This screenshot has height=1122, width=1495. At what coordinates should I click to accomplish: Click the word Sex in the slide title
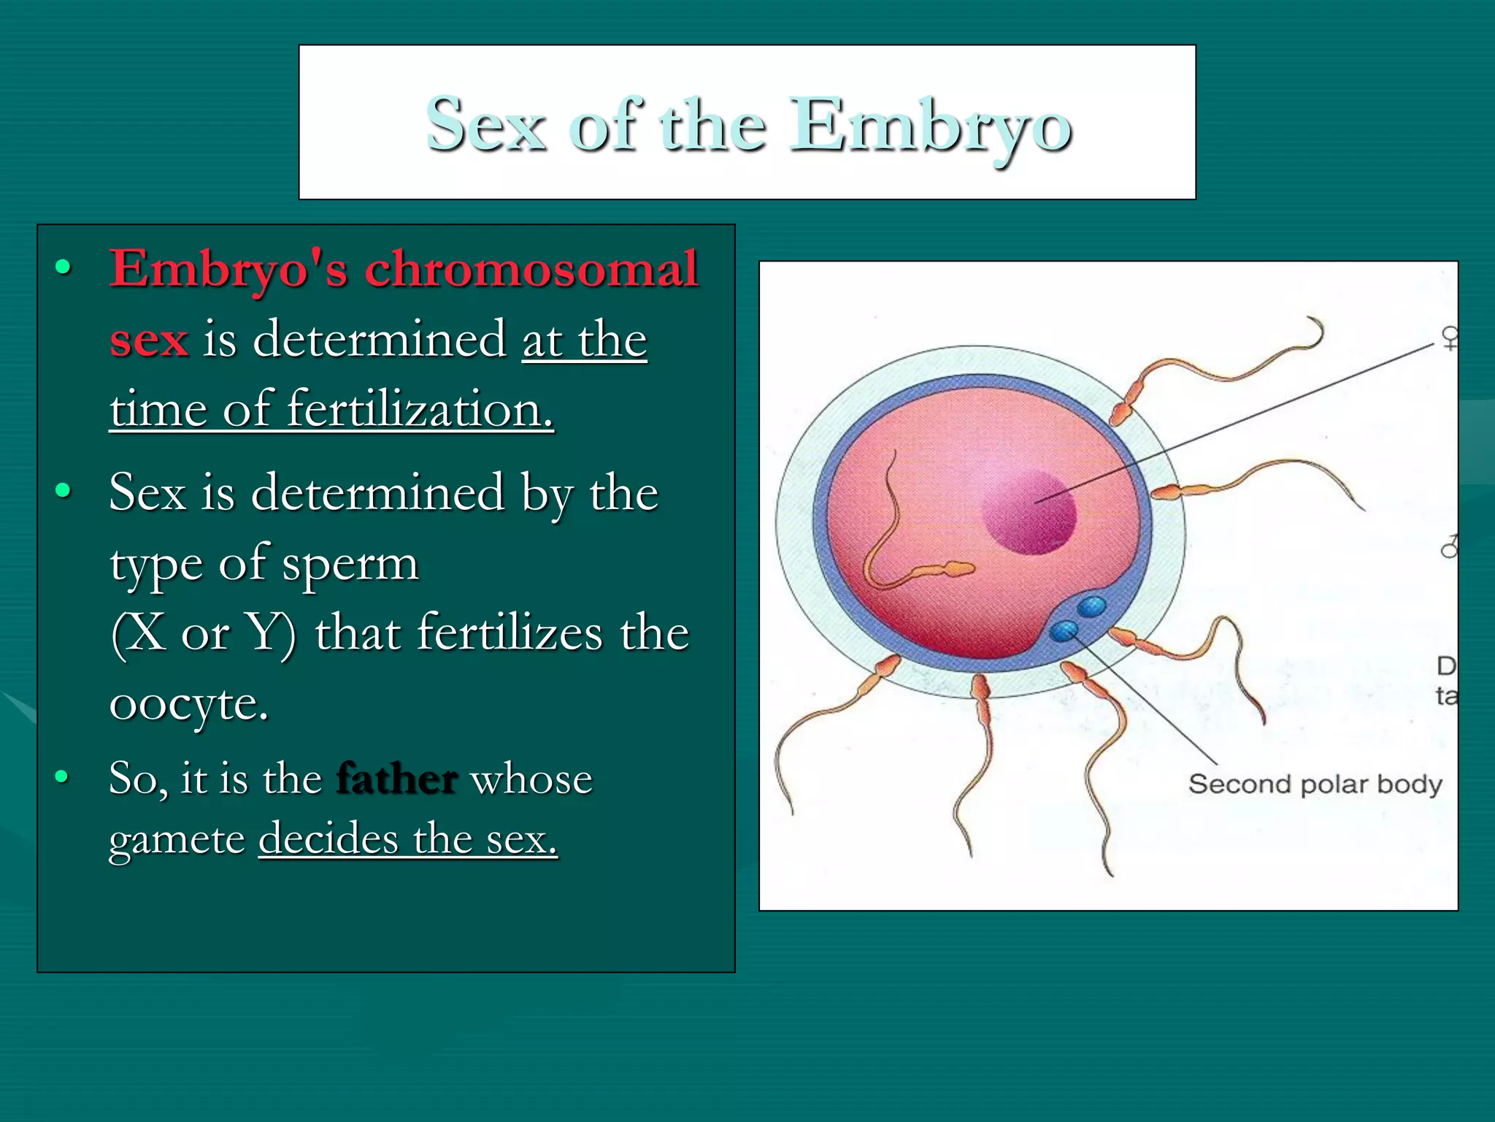click(x=485, y=126)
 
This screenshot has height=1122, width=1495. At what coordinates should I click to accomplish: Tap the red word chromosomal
click(x=531, y=269)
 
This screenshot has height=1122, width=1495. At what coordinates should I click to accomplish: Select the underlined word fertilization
click(x=420, y=409)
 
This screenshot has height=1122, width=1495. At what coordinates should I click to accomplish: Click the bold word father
click(x=396, y=779)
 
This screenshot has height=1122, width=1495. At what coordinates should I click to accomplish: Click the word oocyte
click(x=189, y=703)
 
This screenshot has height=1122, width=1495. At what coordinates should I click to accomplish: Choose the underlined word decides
click(x=329, y=839)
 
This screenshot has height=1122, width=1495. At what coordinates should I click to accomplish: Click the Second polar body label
click(x=1315, y=785)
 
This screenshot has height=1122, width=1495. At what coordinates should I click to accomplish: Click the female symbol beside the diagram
click(x=1450, y=337)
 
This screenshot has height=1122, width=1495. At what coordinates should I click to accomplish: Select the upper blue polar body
click(x=1092, y=606)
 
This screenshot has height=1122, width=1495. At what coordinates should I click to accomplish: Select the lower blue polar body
click(x=1064, y=630)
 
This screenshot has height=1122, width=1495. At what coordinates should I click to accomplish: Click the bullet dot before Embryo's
click(x=64, y=268)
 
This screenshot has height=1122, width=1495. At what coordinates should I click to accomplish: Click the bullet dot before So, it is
click(x=64, y=776)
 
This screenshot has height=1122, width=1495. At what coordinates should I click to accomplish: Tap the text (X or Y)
click(x=204, y=633)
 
